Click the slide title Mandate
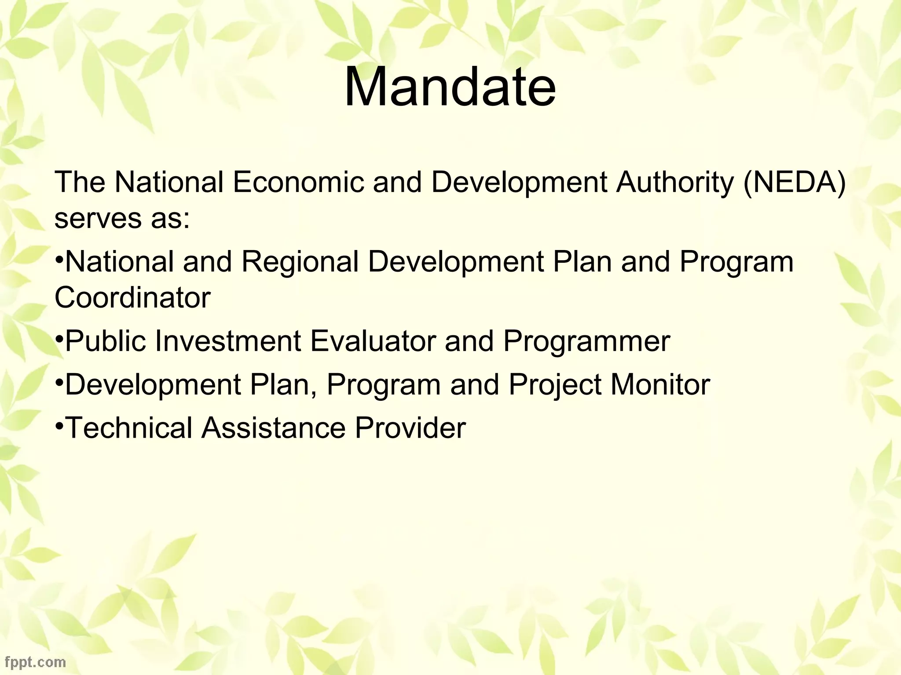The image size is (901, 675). click(450, 87)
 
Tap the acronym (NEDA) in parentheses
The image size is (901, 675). click(794, 182)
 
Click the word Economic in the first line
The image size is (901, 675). click(298, 182)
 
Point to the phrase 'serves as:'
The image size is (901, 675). click(122, 218)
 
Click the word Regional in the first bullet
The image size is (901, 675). click(300, 261)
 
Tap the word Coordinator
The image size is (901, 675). click(132, 298)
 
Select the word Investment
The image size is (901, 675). click(227, 341)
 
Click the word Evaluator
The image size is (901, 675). click(373, 341)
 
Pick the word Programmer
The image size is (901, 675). click(586, 341)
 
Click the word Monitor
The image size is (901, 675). click(660, 385)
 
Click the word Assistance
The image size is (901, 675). click(273, 428)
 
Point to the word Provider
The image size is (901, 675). click(410, 428)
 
